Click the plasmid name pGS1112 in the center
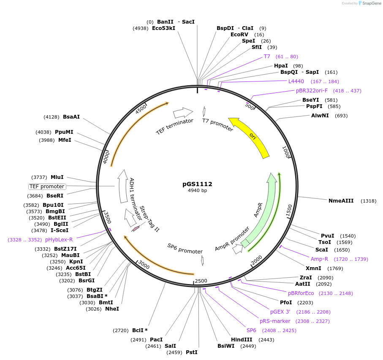pyautogui.click(x=197, y=184)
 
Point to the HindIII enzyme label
pyautogui.click(x=242, y=340)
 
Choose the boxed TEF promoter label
pyautogui.click(x=47, y=187)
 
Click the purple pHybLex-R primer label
pyautogui.click(x=59, y=240)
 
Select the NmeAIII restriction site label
pyautogui.click(x=341, y=201)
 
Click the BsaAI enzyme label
pyautogui.click(x=71, y=117)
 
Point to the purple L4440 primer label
pyautogui.click(x=296, y=81)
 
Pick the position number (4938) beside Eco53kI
pyautogui.click(x=141, y=28)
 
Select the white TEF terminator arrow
pyautogui.click(x=183, y=112)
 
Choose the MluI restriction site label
pyautogui.click(x=57, y=177)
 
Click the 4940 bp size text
pyautogui.click(x=197, y=190)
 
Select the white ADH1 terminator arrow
pyautogui.click(x=123, y=186)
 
